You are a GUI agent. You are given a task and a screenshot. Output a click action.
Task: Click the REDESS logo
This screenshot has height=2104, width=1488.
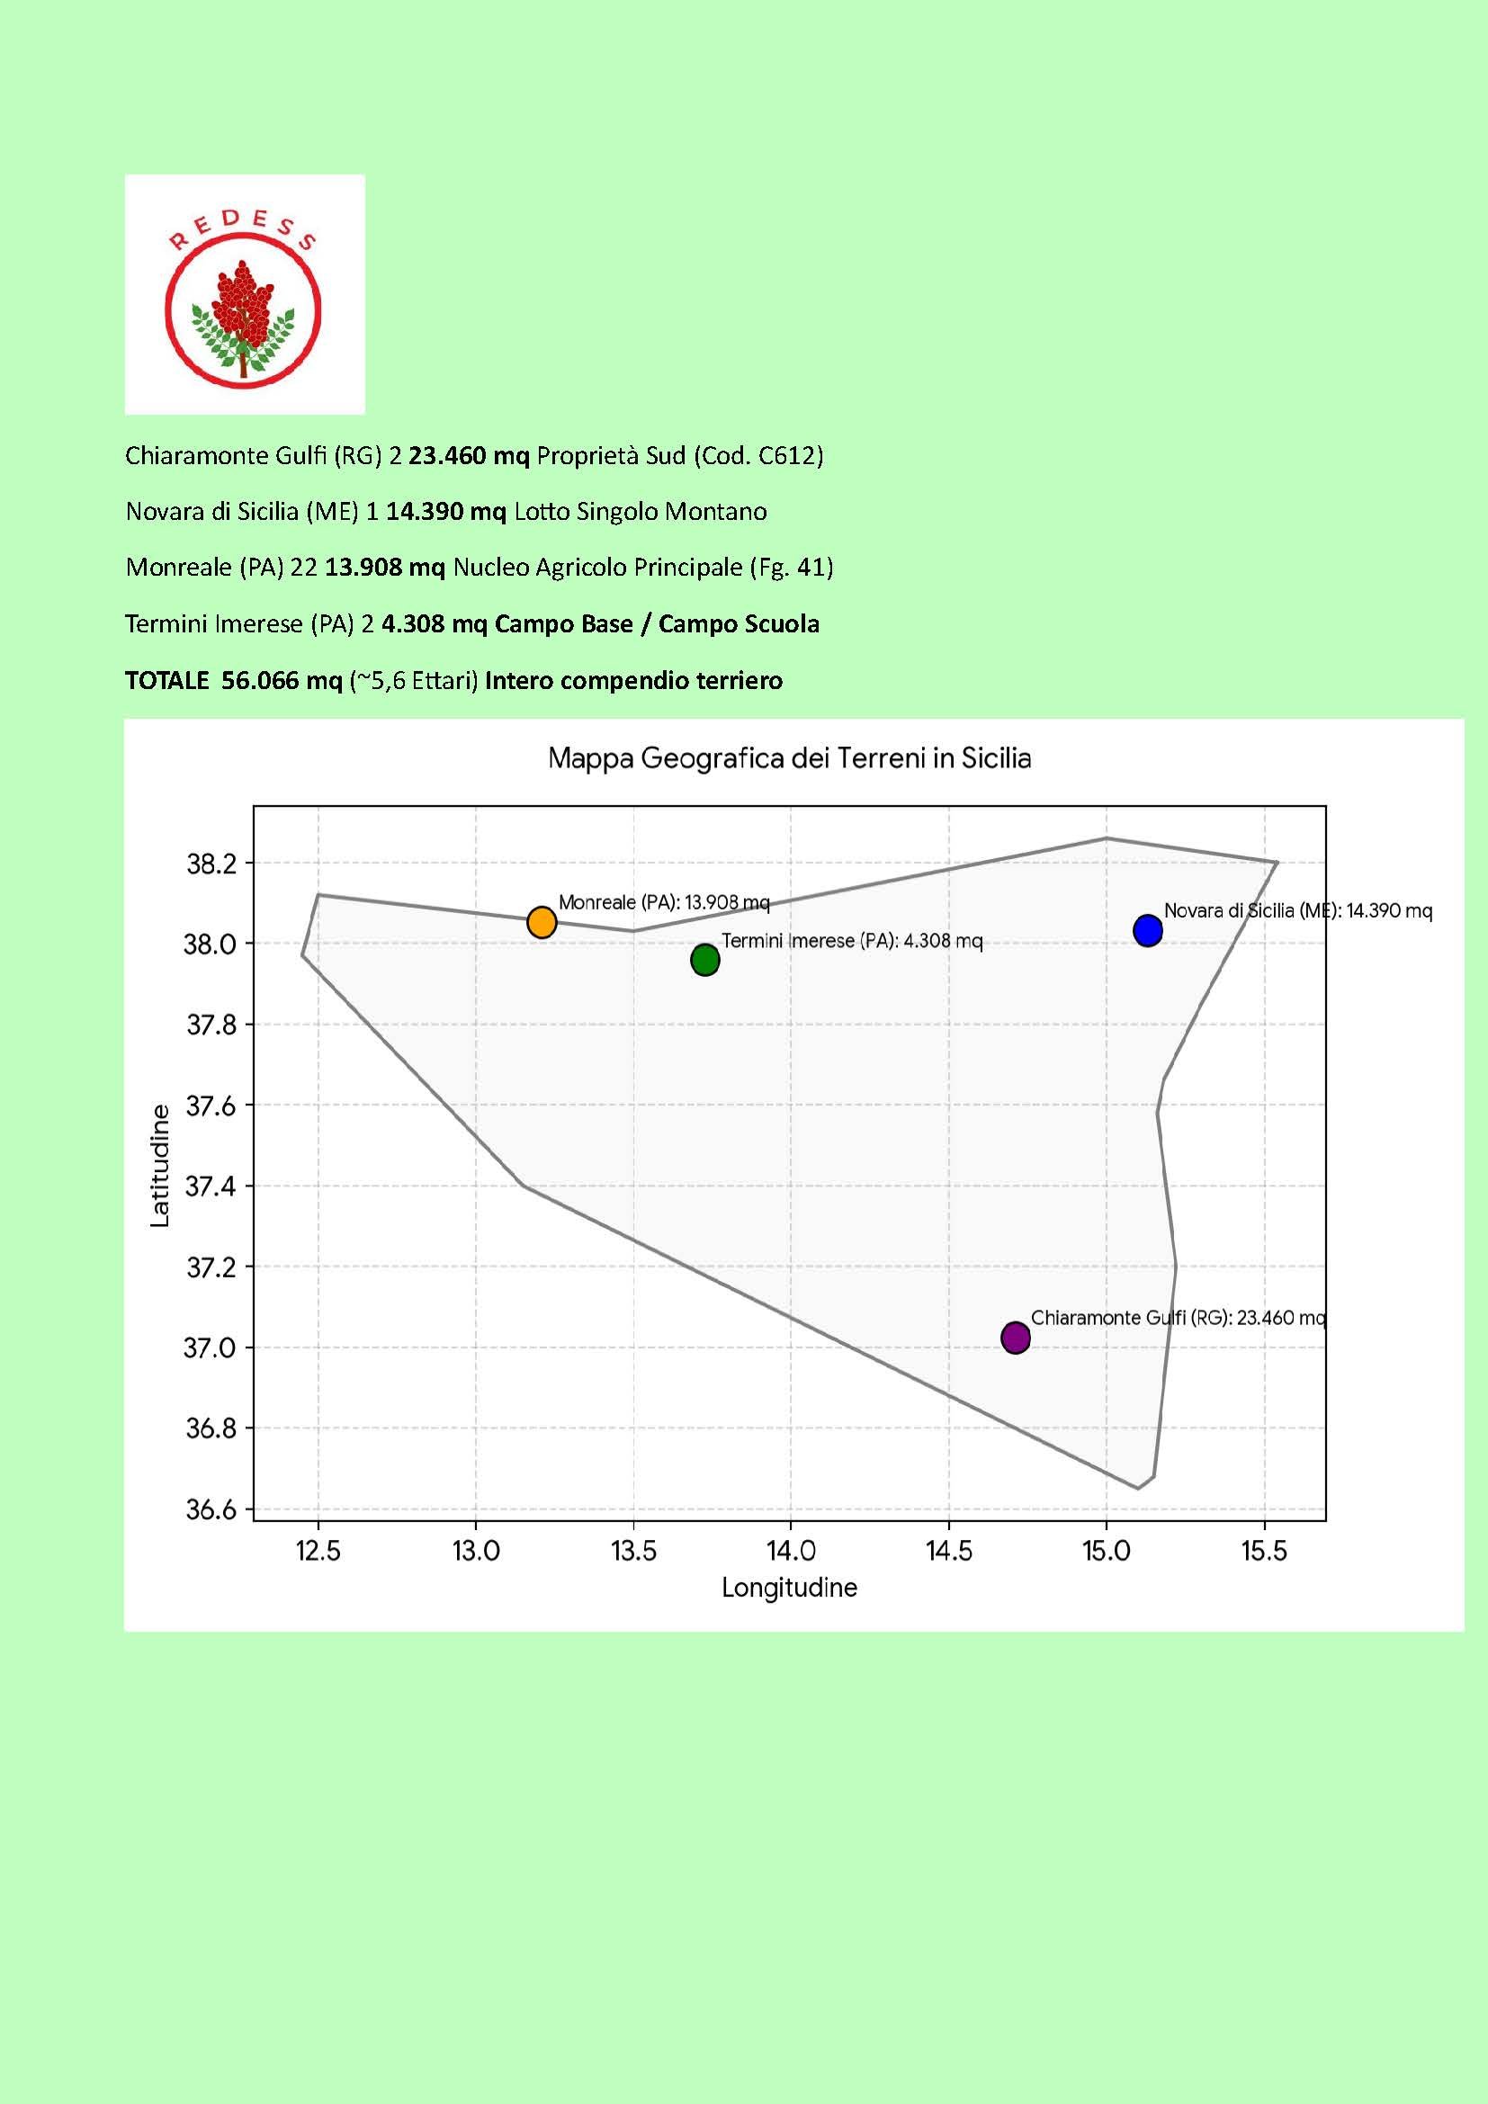coord(245,294)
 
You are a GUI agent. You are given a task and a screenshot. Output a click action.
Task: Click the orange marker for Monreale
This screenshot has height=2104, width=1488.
coord(542,922)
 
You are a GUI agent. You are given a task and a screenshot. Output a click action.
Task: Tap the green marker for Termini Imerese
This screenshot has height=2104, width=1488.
coord(704,960)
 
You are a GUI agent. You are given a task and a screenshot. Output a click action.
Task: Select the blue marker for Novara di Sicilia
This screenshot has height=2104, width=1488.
coord(1147,930)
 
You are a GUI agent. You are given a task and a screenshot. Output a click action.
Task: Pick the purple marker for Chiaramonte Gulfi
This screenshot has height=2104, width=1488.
coord(1015,1338)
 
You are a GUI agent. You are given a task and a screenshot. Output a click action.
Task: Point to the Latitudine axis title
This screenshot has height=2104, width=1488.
coord(160,1166)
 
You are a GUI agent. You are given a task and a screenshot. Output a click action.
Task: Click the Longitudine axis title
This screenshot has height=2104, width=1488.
coord(789,1587)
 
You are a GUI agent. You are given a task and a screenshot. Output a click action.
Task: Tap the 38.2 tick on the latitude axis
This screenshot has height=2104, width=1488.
coord(211,864)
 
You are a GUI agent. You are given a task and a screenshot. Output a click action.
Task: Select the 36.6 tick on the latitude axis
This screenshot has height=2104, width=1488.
coord(211,1509)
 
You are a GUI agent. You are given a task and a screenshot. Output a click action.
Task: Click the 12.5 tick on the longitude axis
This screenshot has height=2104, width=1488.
coord(318,1551)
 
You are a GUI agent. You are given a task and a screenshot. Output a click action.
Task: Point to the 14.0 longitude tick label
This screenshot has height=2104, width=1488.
coord(791,1551)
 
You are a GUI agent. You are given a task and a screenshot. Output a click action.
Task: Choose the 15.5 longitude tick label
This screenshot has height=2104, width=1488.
coord(1264,1551)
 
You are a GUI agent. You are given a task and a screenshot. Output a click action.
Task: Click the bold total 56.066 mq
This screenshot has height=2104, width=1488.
coord(282,681)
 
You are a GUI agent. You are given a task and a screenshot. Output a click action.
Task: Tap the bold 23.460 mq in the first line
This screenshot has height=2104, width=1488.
coord(469,455)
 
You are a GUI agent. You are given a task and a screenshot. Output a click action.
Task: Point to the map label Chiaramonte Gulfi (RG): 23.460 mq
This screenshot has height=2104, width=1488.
coord(1179,1318)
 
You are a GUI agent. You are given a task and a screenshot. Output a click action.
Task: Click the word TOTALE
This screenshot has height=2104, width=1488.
coord(166,681)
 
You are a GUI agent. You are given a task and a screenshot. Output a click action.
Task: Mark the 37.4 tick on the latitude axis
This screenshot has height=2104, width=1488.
coord(211,1186)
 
